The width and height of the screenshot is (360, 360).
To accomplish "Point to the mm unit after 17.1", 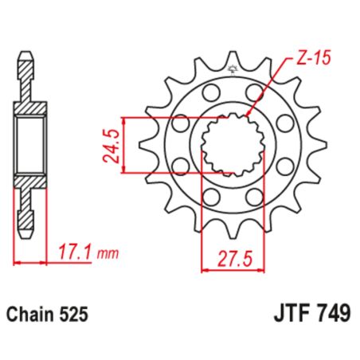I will click(x=107, y=254).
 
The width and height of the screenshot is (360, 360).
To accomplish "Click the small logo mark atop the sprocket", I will click(x=233, y=69).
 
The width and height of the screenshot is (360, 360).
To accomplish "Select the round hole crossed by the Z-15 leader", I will click(x=256, y=94).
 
